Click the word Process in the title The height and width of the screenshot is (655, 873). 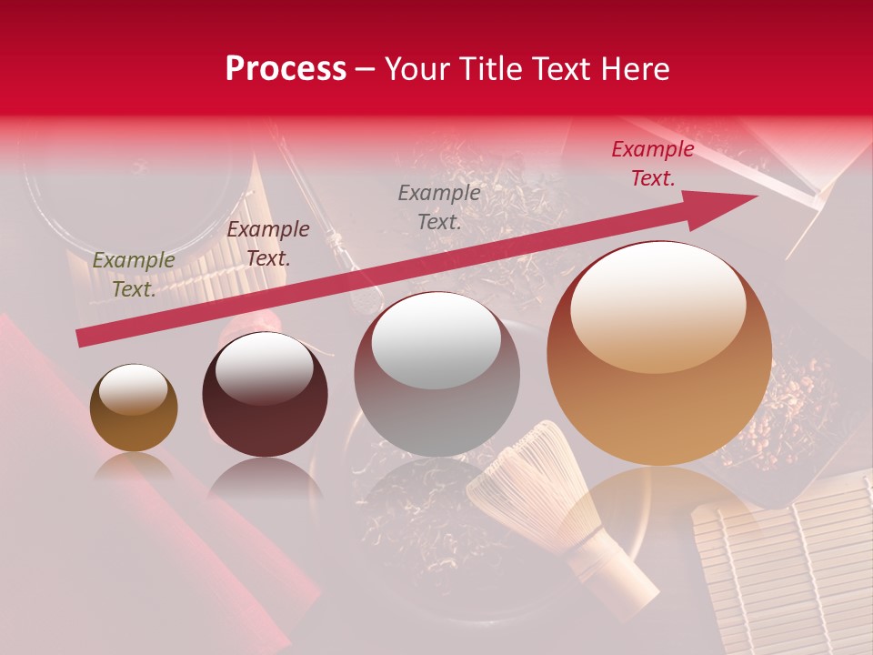(286, 69)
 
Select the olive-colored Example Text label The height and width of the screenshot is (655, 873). (134, 274)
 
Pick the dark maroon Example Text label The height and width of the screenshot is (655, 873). (268, 243)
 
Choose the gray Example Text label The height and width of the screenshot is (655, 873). (439, 207)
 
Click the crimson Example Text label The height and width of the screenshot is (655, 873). (652, 164)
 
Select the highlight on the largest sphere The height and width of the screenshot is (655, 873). (659, 305)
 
